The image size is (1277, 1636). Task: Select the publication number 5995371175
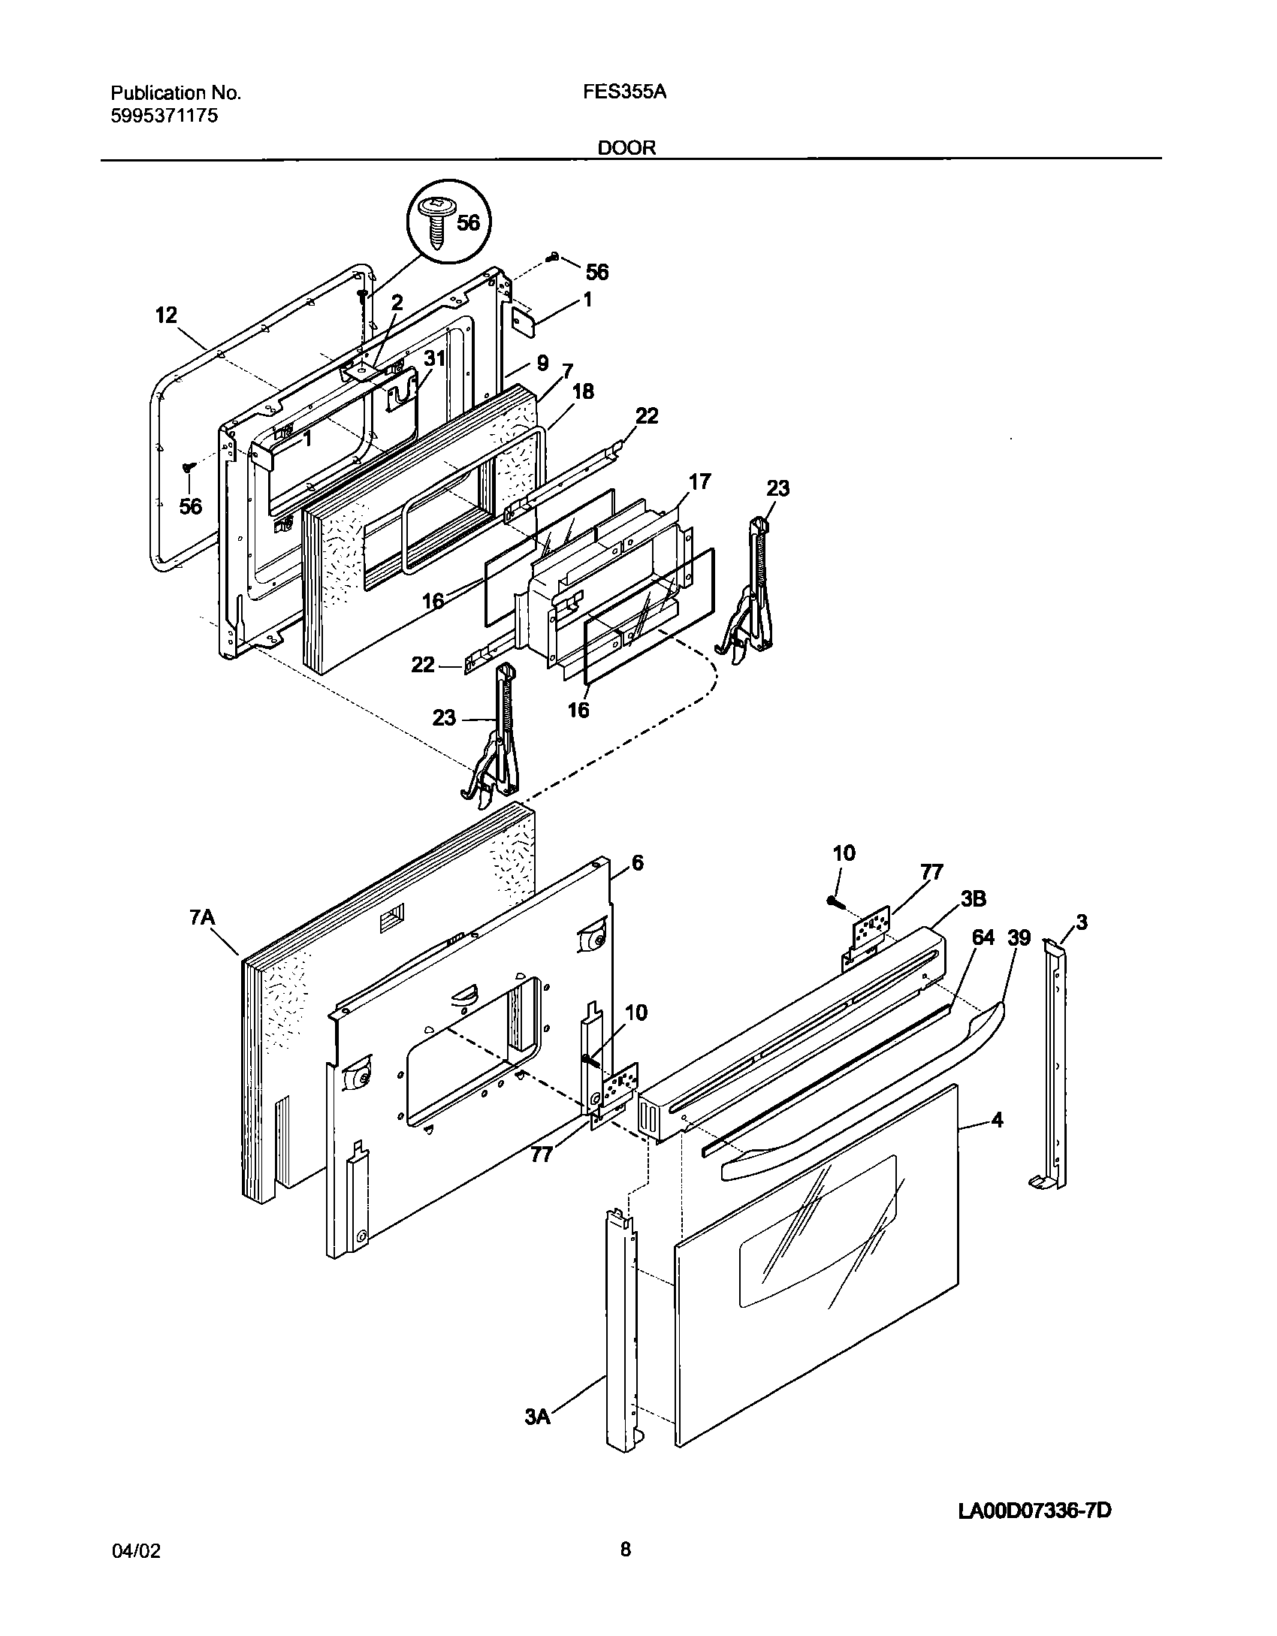165,116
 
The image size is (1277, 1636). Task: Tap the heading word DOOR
626,148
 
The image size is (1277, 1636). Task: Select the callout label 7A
202,918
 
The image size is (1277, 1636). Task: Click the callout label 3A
538,1417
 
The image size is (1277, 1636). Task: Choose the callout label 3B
972,898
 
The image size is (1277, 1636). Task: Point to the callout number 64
983,937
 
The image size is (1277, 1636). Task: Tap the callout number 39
1019,937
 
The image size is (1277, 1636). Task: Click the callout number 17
699,481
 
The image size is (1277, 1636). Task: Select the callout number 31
435,359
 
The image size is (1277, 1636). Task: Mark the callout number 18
583,391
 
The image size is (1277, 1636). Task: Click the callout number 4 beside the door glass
997,1141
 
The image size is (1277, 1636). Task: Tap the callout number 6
637,863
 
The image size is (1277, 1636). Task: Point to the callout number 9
542,364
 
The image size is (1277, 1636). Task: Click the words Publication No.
176,92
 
